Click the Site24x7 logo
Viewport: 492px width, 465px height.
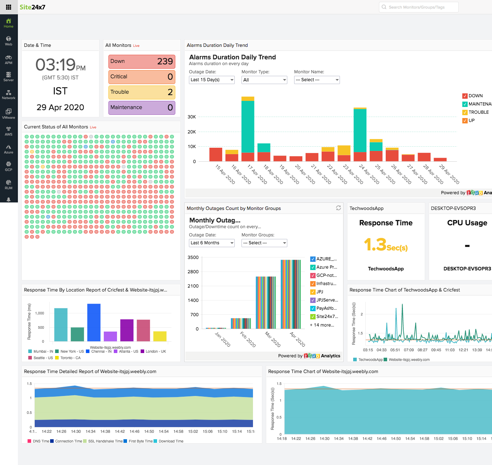(32, 7)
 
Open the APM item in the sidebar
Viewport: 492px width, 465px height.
(9, 59)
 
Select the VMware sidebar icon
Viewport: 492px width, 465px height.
(9, 114)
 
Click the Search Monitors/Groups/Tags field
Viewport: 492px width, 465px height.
(419, 7)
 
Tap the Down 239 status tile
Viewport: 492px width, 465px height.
(142, 62)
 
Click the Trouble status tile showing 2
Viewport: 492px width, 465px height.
(142, 92)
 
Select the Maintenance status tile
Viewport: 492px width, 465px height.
(142, 108)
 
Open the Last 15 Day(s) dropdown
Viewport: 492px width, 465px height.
(211, 80)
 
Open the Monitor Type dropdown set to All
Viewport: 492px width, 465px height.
(264, 80)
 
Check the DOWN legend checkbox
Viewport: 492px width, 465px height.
(465, 96)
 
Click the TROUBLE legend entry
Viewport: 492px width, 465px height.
(478, 112)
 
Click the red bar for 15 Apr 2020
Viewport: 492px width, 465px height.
(216, 155)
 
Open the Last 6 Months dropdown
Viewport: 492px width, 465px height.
(211, 243)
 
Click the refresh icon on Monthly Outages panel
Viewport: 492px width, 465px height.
(338, 208)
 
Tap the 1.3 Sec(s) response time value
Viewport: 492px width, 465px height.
(386, 245)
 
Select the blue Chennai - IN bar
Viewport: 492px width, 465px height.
(94, 322)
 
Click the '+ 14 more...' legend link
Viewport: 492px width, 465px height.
(322, 325)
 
